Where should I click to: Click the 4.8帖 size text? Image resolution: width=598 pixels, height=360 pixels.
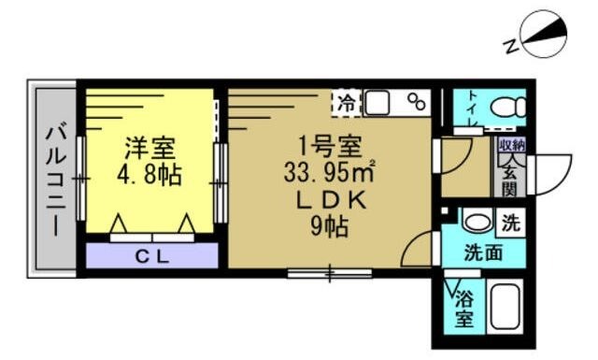pos(150,175)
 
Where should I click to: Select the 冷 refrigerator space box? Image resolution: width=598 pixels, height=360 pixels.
pos(347,102)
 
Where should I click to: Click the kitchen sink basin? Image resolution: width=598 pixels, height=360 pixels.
pos(379,102)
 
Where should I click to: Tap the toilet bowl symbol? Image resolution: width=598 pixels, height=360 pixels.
pos(505,106)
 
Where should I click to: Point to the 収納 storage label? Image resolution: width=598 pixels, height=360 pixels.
pos(511,145)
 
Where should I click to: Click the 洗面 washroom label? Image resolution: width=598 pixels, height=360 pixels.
pos(483,252)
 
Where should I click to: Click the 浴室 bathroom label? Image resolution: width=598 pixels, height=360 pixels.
pos(463,309)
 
